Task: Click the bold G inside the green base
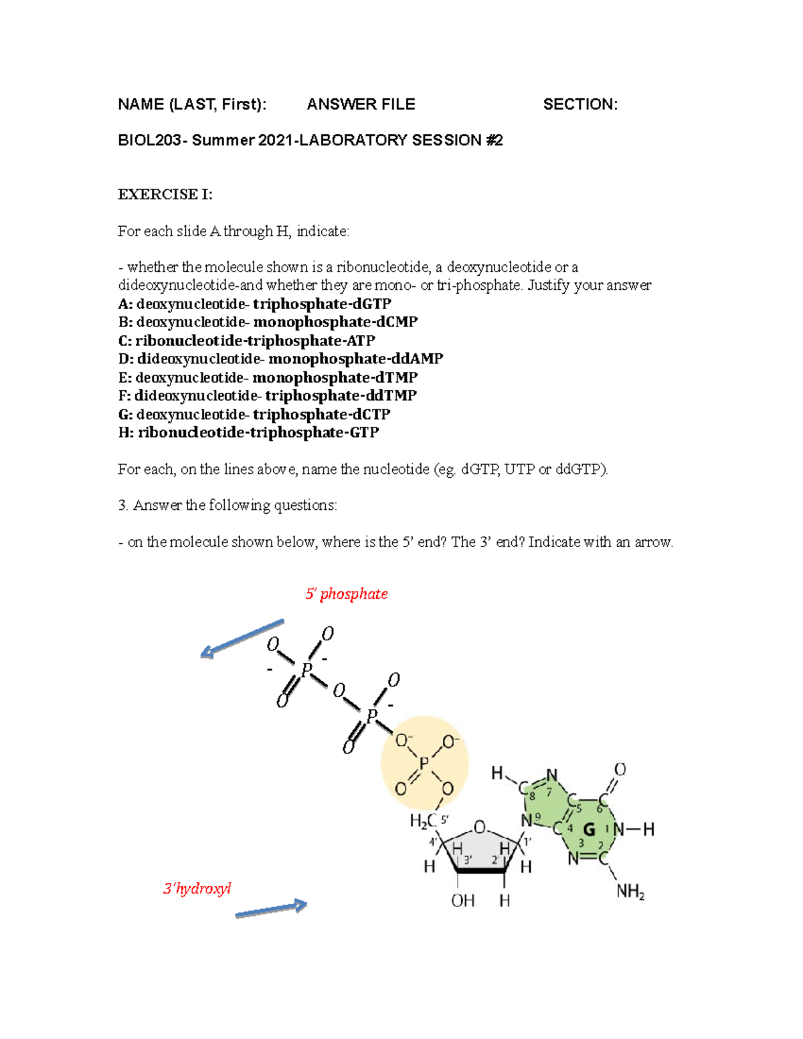pos(589,830)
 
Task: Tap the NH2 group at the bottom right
pos(630,892)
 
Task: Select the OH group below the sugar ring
pos(462,901)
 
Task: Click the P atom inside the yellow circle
pos(424,764)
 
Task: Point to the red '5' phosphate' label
pos(347,594)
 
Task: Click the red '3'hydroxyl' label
pos(197,888)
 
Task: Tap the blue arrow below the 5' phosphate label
pos(242,639)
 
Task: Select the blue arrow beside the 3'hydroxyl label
pos(271,910)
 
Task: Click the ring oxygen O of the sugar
pos(479,828)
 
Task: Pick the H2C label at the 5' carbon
pos(424,820)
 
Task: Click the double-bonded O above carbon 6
pos(620,769)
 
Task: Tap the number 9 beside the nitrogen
pos(537,816)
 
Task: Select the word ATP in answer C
pos(361,341)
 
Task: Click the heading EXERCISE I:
pos(165,195)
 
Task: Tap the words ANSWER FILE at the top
pos(361,104)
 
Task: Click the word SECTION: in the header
pos(580,104)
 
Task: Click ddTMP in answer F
pos(394,395)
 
